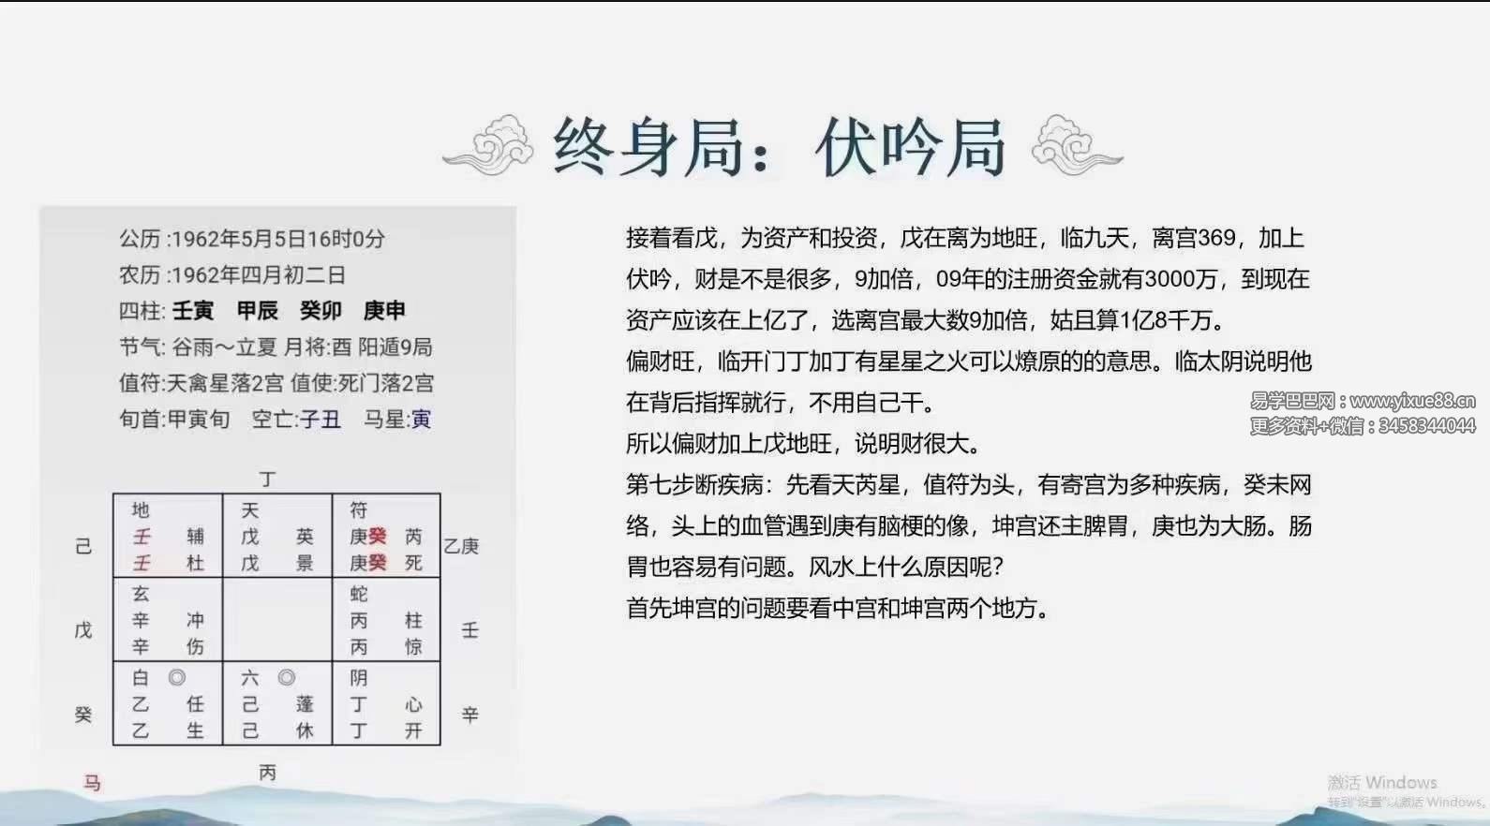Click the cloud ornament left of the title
489,145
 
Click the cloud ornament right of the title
1076,145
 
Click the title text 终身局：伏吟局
779,147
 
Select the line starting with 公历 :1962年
252,239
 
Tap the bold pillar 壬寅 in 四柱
193,310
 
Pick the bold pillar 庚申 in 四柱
384,310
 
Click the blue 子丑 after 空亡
320,420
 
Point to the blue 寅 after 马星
421,420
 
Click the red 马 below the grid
92,784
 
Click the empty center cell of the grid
277,619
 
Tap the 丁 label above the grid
267,479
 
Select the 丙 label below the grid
267,773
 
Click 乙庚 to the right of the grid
461,546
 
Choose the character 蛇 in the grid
359,594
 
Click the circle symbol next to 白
177,677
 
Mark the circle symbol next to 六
287,677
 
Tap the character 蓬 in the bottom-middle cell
305,703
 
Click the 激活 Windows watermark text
1382,782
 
